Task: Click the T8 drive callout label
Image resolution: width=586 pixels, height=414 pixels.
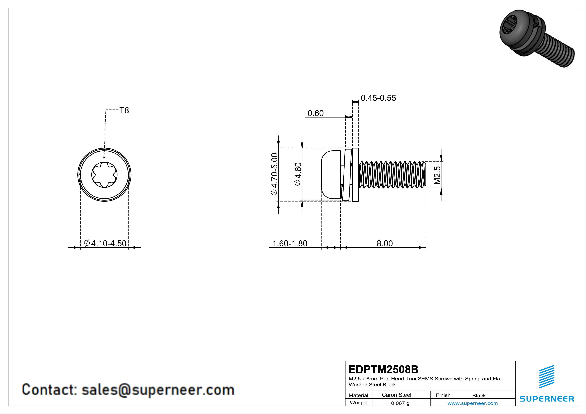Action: pos(124,110)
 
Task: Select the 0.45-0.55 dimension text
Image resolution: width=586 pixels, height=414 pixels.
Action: pos(378,98)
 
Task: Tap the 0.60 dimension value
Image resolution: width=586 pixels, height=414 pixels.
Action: pos(315,113)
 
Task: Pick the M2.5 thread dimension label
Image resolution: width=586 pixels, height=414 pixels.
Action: pos(437,175)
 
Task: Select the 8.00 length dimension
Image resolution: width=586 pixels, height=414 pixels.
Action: pos(385,243)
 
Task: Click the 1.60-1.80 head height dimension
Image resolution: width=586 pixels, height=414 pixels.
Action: pos(290,243)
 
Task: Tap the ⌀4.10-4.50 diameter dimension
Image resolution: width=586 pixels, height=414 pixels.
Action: pos(105,243)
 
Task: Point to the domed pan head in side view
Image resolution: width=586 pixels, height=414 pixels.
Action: pos(331,175)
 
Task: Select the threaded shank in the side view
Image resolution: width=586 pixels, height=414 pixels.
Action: pos(392,175)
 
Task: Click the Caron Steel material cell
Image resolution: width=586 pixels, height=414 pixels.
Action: pos(396,395)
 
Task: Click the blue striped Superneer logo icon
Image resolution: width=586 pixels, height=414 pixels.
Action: pos(546,377)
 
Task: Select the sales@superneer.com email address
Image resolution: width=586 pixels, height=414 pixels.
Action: pos(158,390)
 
